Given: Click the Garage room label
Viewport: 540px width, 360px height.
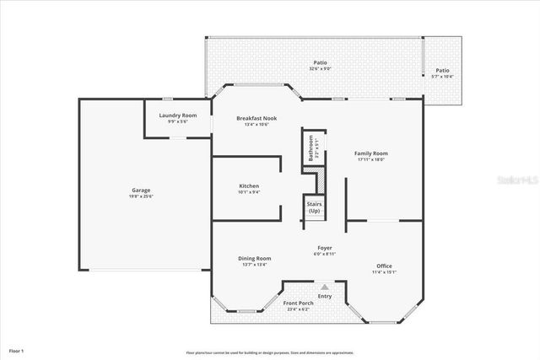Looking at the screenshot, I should (141, 190).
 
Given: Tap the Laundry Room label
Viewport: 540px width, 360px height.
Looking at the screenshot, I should (178, 115).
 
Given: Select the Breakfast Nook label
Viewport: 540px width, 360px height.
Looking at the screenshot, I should (256, 118).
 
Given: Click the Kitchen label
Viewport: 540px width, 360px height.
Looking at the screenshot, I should (249, 185).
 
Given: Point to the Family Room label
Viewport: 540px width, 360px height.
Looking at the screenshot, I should (371, 153).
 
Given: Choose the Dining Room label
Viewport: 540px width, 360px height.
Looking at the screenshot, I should (254, 258).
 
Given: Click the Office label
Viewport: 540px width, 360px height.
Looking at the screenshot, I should (385, 266).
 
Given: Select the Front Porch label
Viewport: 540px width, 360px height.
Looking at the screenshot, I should (299, 304).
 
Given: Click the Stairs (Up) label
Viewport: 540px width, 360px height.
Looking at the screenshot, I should (314, 207).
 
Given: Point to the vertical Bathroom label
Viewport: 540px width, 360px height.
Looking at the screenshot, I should (311, 148).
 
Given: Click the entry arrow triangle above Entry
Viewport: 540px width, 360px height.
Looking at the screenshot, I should (324, 287).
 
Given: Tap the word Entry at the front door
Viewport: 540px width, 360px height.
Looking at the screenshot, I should (325, 296).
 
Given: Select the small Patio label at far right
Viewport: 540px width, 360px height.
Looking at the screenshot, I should (442, 70).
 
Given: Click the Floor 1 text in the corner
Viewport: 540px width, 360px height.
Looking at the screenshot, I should (17, 349).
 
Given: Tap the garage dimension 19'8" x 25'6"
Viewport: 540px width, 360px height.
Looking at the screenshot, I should (141, 196).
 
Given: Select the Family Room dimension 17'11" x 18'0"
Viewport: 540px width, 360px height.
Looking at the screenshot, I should (371, 159).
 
